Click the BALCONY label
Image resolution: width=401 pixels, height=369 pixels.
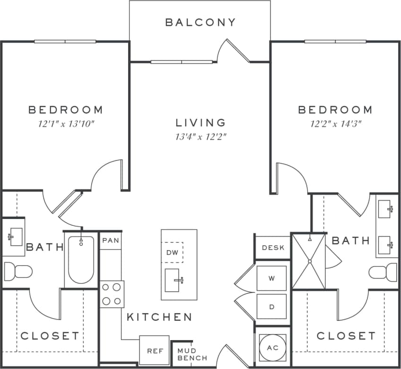click(x=200, y=22)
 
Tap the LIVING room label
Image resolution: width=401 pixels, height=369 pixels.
click(x=201, y=123)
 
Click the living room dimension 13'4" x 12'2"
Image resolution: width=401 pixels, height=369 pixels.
click(x=201, y=138)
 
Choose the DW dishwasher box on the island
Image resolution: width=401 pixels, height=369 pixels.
click(x=172, y=253)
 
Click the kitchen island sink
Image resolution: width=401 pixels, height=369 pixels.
click(x=173, y=280)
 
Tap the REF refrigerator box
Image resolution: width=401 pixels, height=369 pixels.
click(x=154, y=351)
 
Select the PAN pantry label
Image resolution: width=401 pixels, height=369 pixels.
click(x=111, y=240)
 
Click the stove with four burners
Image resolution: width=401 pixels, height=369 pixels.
click(x=112, y=294)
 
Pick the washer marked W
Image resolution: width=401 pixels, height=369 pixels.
click(x=272, y=278)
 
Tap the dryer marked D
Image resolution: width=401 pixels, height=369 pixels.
click(x=272, y=307)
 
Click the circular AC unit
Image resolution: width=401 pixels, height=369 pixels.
click(x=273, y=348)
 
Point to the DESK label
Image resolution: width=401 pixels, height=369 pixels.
click(x=273, y=247)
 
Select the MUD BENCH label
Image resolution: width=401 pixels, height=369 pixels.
click(x=192, y=354)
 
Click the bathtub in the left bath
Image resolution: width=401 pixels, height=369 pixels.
click(x=81, y=260)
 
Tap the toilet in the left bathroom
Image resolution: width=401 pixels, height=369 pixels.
click(x=17, y=272)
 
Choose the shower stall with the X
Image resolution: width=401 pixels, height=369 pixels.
click(x=309, y=261)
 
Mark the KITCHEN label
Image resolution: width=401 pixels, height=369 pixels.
click(x=159, y=317)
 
